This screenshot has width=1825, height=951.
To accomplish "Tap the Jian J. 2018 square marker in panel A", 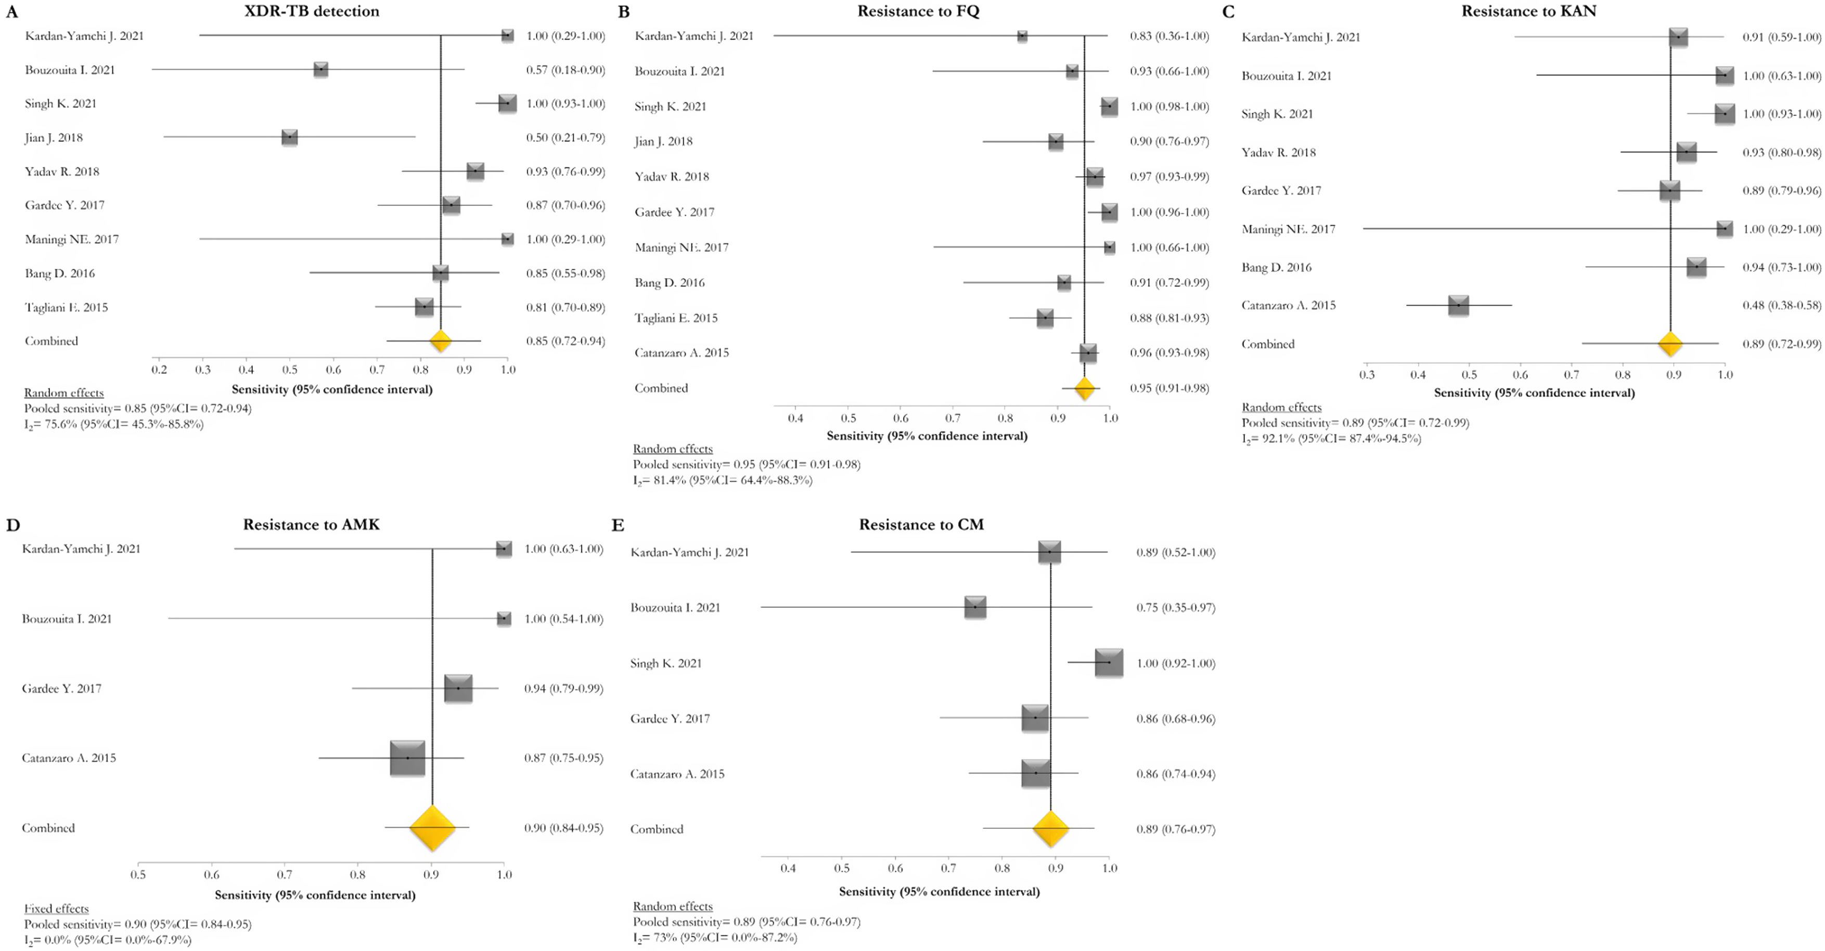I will click(289, 137).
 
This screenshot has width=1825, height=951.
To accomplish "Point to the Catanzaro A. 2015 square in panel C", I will click(1458, 305).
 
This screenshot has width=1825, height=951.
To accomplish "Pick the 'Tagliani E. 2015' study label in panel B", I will click(676, 318).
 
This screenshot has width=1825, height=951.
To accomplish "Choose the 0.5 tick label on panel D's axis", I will click(138, 875).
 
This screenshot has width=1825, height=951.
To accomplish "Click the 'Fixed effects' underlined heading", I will click(57, 908).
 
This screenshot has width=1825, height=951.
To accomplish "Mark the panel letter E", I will click(618, 525).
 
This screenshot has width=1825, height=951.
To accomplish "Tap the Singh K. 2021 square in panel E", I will click(1109, 663).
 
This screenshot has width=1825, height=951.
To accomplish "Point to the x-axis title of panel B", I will click(927, 436).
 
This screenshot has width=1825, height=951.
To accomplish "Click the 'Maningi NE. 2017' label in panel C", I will click(1288, 229).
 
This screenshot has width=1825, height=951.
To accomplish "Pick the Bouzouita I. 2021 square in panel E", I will click(975, 607).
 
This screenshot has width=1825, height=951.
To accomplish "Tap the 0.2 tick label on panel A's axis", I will click(159, 370).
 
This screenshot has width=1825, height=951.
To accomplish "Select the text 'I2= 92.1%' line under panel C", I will click(1331, 438).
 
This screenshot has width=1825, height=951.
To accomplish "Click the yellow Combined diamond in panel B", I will click(1084, 388).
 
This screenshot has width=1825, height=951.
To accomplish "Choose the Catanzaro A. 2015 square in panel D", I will click(407, 758).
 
